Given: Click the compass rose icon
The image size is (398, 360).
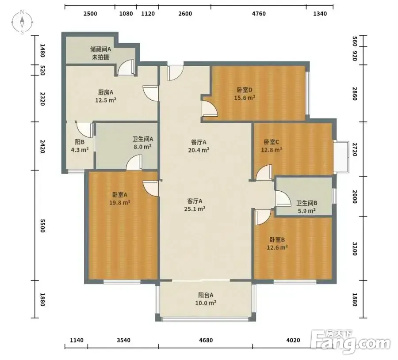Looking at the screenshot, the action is point(22,23).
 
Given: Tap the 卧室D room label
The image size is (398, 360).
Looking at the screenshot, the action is point(245,90).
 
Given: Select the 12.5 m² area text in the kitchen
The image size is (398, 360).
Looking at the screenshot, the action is point(106,100).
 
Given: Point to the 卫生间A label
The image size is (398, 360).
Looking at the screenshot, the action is point(143,139).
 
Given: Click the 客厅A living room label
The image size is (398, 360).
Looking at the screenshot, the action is point(195,201).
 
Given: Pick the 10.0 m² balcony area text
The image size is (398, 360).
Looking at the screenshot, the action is point(206,303).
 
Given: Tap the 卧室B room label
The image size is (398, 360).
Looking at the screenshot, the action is point(277,239).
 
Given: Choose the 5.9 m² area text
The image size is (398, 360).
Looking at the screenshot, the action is point(306,211).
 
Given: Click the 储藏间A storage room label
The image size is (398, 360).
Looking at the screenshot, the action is point(100,49).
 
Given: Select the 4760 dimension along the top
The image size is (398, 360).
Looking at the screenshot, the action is point(259,13).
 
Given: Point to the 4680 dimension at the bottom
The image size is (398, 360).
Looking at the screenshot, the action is point(206,340).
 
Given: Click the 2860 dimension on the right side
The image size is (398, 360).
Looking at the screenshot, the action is point(355,94).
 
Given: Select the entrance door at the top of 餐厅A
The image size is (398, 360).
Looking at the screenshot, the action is point(175,73).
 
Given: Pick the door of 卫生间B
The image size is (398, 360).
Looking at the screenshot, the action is point(283,198).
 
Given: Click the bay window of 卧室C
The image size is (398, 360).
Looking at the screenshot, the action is point(341,156).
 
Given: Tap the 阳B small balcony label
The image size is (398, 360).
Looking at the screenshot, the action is point(80,142).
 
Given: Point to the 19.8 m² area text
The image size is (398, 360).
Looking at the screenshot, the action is point(120,203).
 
